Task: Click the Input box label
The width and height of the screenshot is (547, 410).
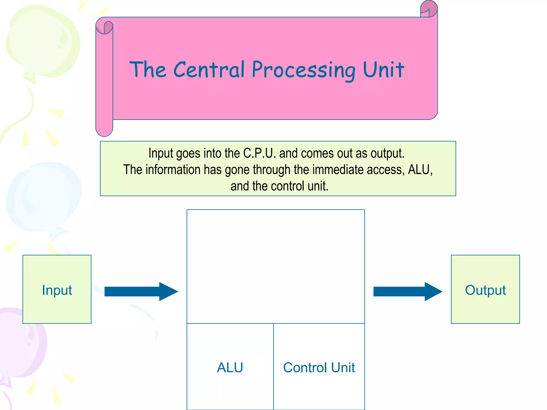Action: coord(57,290)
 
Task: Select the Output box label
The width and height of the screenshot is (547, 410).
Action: coord(485,290)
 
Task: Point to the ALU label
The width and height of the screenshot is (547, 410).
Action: coord(230,367)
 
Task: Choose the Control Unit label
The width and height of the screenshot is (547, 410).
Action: coord(319,367)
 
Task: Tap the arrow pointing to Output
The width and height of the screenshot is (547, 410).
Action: coord(408,291)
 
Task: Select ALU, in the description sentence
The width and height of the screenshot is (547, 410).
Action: coord(420,169)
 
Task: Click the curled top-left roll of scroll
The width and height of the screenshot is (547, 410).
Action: coord(104,27)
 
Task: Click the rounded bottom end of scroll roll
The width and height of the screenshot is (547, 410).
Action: coord(104,131)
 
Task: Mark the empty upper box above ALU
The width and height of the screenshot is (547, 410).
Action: coord(276,266)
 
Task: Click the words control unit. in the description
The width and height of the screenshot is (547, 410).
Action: coord(299,186)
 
